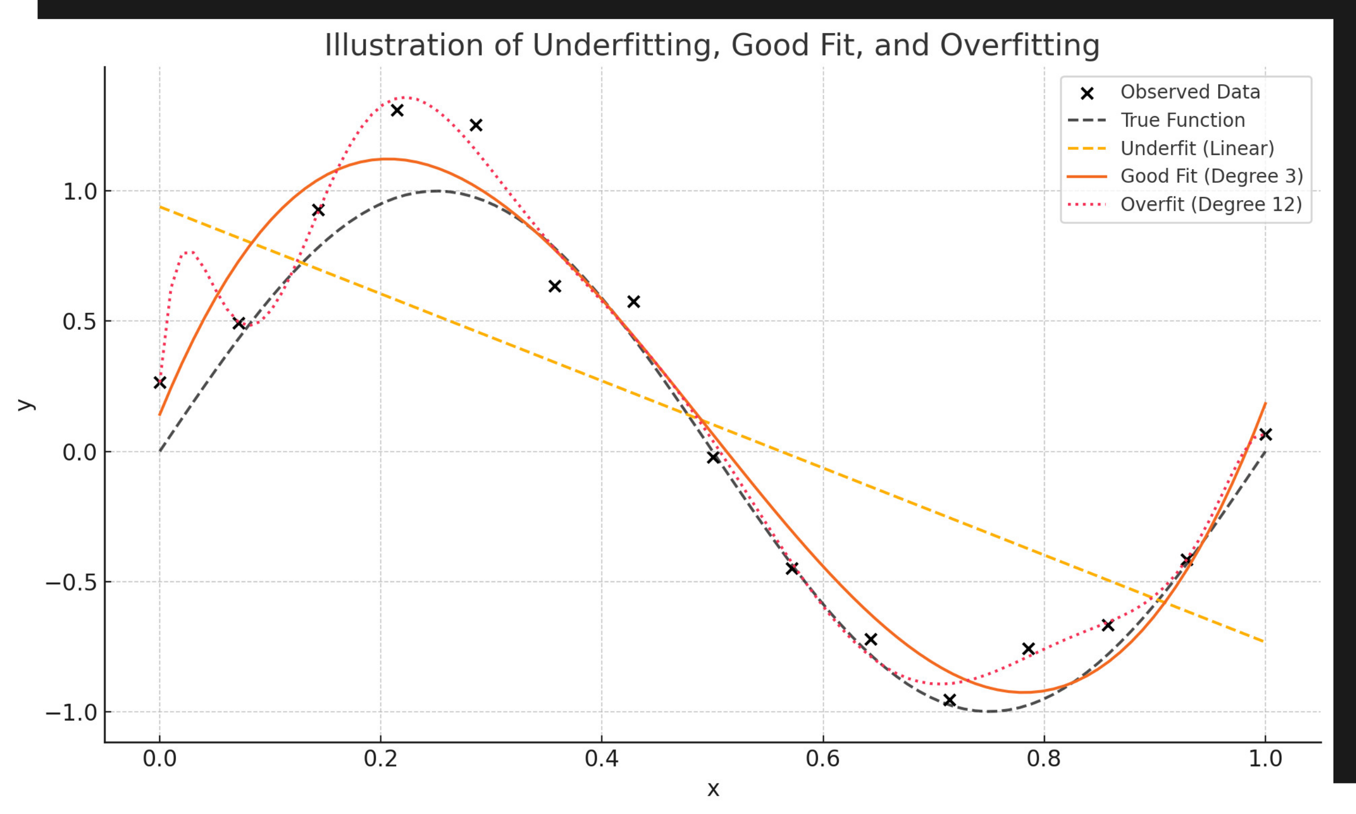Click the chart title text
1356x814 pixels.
[712, 45]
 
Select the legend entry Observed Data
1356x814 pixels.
[1190, 92]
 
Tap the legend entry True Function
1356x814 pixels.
[1182, 120]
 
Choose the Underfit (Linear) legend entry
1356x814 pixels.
[1197, 148]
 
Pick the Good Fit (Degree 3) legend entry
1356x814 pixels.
[1211, 176]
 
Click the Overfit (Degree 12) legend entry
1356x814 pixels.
[1210, 204]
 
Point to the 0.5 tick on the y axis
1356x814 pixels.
[80, 322]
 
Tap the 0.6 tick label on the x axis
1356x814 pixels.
[823, 759]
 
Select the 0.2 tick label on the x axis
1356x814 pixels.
[380, 759]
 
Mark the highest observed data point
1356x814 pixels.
[397, 110]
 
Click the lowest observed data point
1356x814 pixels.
[950, 700]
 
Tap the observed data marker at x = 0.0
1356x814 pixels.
[160, 383]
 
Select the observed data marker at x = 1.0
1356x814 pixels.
[1266, 435]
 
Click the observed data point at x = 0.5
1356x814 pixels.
[713, 457]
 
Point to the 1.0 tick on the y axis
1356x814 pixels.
[80, 192]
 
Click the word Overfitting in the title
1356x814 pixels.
[1019, 45]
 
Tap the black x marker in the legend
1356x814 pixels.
[1087, 93]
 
